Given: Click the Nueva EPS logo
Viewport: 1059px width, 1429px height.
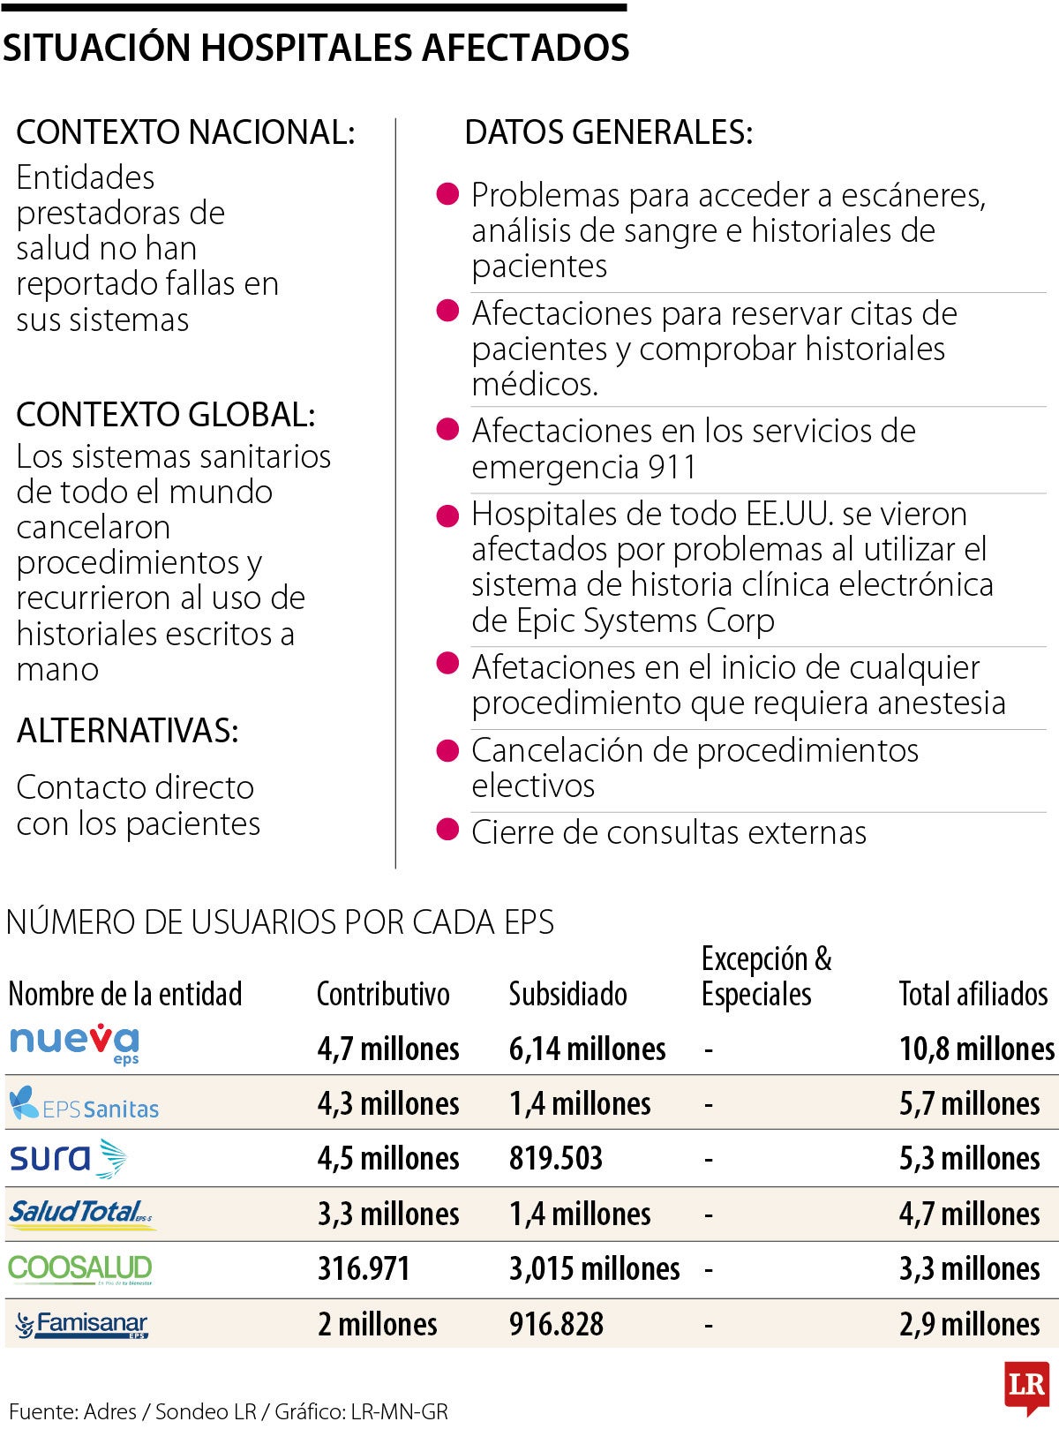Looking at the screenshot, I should (x=74, y=1044).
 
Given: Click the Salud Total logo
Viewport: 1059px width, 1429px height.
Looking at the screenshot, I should (x=81, y=1214).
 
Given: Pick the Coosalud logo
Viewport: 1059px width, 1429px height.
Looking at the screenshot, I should (x=80, y=1269).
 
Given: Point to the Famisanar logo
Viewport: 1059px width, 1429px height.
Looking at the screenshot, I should (x=82, y=1325).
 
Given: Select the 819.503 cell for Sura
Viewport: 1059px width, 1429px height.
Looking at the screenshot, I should (x=555, y=1159).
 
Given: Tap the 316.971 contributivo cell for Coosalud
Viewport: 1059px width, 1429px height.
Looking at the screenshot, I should (x=364, y=1269).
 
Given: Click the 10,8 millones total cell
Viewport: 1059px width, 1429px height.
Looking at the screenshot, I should (x=976, y=1049).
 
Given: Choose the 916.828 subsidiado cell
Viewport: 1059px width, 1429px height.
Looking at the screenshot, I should (x=556, y=1325).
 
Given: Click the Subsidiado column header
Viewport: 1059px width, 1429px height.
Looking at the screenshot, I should (x=567, y=995).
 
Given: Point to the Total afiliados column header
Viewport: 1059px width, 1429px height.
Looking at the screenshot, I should (x=973, y=995).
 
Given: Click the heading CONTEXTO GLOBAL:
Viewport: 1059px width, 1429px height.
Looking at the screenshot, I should (x=165, y=415).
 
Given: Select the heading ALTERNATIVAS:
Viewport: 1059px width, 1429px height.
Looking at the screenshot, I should (x=127, y=731).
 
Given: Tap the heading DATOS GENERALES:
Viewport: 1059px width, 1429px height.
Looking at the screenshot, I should (x=608, y=132).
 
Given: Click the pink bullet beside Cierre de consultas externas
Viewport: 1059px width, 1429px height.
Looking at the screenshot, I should (x=448, y=830).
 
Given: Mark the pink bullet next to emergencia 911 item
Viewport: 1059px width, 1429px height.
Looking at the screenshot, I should (x=448, y=429).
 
